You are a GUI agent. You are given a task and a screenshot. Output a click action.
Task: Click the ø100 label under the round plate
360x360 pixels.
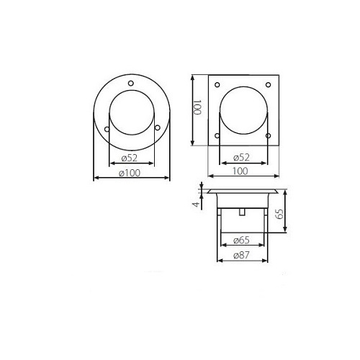(x=130, y=173)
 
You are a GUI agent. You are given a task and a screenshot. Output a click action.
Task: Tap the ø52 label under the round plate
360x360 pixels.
(x=130, y=158)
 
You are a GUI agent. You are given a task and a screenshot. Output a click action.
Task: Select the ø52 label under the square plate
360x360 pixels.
(x=241, y=158)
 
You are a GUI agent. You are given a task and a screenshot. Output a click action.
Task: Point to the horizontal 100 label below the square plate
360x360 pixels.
(x=240, y=171)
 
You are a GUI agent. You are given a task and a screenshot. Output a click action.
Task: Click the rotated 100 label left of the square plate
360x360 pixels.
(x=197, y=107)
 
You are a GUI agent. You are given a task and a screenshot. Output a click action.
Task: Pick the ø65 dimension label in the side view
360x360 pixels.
(x=241, y=240)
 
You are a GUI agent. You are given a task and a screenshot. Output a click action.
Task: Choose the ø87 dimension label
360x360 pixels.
(x=241, y=255)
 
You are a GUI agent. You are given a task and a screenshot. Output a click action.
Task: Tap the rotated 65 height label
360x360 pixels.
(x=279, y=214)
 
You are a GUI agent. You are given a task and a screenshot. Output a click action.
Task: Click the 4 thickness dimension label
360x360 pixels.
(x=197, y=204)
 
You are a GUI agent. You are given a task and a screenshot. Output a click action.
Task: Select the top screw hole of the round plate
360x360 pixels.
(x=131, y=84)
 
